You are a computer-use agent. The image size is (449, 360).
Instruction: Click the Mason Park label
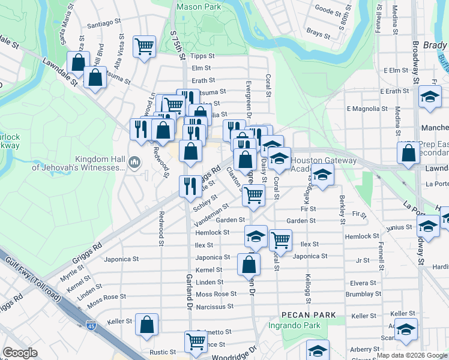click(x=198, y=7)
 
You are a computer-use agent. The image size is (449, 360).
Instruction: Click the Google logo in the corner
click(x=20, y=353)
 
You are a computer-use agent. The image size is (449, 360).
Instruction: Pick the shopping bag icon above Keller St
click(x=147, y=325)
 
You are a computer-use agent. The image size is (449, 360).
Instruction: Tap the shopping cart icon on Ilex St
click(x=280, y=239)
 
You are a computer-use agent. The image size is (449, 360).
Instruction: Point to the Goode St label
click(x=328, y=10)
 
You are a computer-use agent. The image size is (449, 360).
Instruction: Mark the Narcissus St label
click(x=213, y=307)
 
